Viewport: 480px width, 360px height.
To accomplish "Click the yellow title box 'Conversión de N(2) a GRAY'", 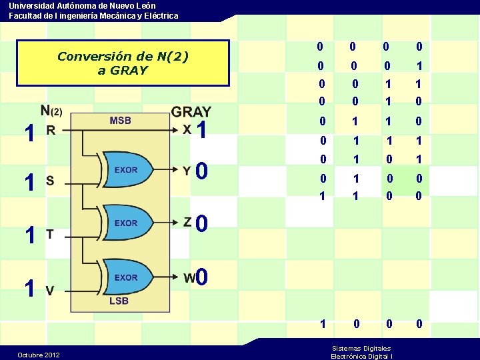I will click(x=123, y=63).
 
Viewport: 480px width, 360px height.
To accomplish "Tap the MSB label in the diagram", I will click(x=120, y=121).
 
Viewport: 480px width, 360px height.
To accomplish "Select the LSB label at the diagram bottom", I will click(x=119, y=301).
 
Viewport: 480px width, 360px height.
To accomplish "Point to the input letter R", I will click(x=51, y=131).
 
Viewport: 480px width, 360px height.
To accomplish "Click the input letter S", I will click(x=50, y=180).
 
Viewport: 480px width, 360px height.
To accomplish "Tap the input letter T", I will click(x=50, y=234).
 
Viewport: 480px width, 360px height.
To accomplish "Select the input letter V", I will click(x=50, y=289).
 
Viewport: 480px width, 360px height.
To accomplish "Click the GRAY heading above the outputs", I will click(x=191, y=112).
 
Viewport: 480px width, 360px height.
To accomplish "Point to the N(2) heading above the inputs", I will click(x=51, y=110).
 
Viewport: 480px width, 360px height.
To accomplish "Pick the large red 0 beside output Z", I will click(x=203, y=223).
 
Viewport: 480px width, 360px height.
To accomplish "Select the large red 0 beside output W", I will click(x=203, y=276).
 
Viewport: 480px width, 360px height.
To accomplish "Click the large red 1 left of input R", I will click(x=28, y=133).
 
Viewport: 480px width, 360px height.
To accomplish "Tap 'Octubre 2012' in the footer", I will click(x=38, y=355).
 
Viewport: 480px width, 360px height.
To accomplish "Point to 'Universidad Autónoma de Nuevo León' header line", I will click(x=83, y=5).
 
